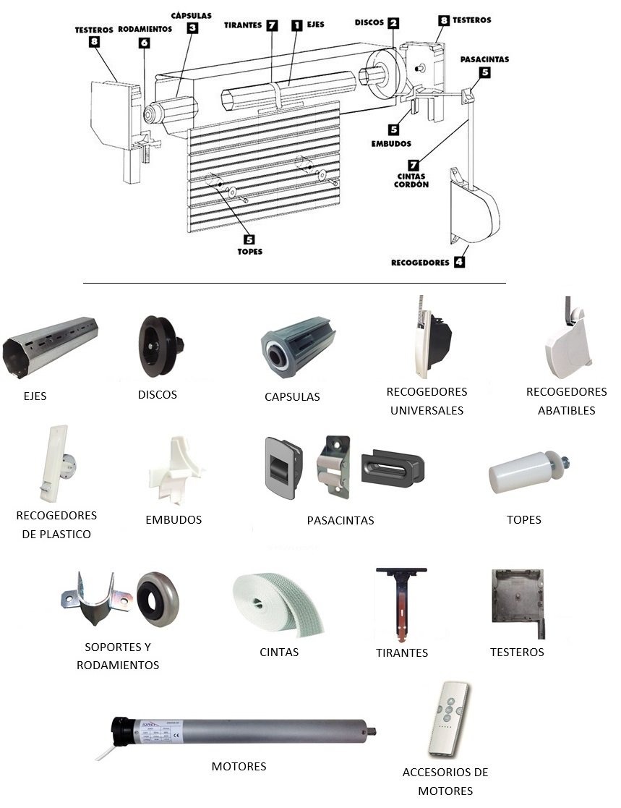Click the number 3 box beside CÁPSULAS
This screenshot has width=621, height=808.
[192, 27]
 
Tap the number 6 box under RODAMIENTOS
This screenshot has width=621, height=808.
[144, 43]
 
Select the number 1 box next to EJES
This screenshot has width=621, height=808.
[297, 25]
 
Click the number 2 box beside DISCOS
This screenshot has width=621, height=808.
[393, 22]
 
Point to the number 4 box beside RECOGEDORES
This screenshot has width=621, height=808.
[459, 262]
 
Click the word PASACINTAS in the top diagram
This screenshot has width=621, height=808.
[484, 59]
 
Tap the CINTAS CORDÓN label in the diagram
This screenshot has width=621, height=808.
[411, 180]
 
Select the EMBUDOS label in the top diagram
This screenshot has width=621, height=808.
[391, 144]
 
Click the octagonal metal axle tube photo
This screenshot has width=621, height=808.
[50, 346]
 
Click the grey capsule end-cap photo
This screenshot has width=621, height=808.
[298, 347]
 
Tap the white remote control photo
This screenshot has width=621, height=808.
[448, 719]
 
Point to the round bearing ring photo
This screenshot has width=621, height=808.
[158, 599]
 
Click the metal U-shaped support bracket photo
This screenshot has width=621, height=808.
[96, 599]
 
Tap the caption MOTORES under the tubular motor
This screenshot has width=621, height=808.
[239, 766]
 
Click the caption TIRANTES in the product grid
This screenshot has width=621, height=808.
[402, 653]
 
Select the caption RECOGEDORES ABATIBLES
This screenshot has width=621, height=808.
[566, 401]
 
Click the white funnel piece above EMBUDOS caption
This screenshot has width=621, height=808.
[176, 469]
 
